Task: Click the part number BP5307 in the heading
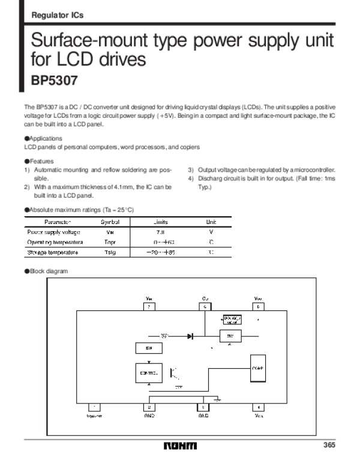[54, 79]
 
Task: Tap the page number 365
[328, 445]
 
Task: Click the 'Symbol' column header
[110, 222]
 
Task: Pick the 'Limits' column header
[160, 222]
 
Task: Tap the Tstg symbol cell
[110, 252]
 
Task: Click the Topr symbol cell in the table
[110, 242]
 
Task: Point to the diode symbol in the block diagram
[190, 336]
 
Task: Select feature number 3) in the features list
[191, 170]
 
